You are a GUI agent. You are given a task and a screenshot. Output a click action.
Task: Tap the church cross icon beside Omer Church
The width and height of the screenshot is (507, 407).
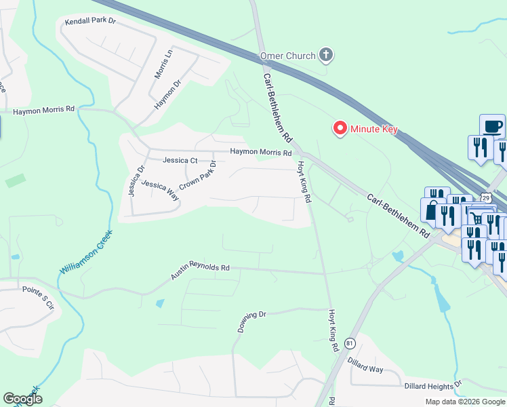326,54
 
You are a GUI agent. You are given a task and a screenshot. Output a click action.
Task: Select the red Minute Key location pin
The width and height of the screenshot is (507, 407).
339,128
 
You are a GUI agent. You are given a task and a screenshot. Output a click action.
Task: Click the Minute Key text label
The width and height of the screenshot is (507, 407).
373,129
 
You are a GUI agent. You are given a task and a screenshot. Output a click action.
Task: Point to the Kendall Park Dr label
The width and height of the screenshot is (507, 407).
91,22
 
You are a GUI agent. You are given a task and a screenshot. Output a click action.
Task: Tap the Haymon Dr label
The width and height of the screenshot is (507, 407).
169,95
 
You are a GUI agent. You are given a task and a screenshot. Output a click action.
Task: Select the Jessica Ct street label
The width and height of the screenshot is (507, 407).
180,161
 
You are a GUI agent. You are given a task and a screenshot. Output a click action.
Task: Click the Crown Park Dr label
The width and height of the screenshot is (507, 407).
197,176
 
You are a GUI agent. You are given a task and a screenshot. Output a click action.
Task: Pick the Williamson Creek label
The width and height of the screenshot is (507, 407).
85,252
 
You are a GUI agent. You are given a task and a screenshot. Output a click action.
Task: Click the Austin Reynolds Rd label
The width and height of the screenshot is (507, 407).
201,268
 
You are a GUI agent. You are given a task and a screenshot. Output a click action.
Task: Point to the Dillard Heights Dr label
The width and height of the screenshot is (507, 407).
433,385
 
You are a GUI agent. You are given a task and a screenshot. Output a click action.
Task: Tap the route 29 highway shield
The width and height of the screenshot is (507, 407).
486,197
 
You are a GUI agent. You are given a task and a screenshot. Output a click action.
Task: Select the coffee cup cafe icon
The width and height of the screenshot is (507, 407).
493,125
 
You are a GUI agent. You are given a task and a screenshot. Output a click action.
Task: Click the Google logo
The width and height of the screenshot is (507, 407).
22,399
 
